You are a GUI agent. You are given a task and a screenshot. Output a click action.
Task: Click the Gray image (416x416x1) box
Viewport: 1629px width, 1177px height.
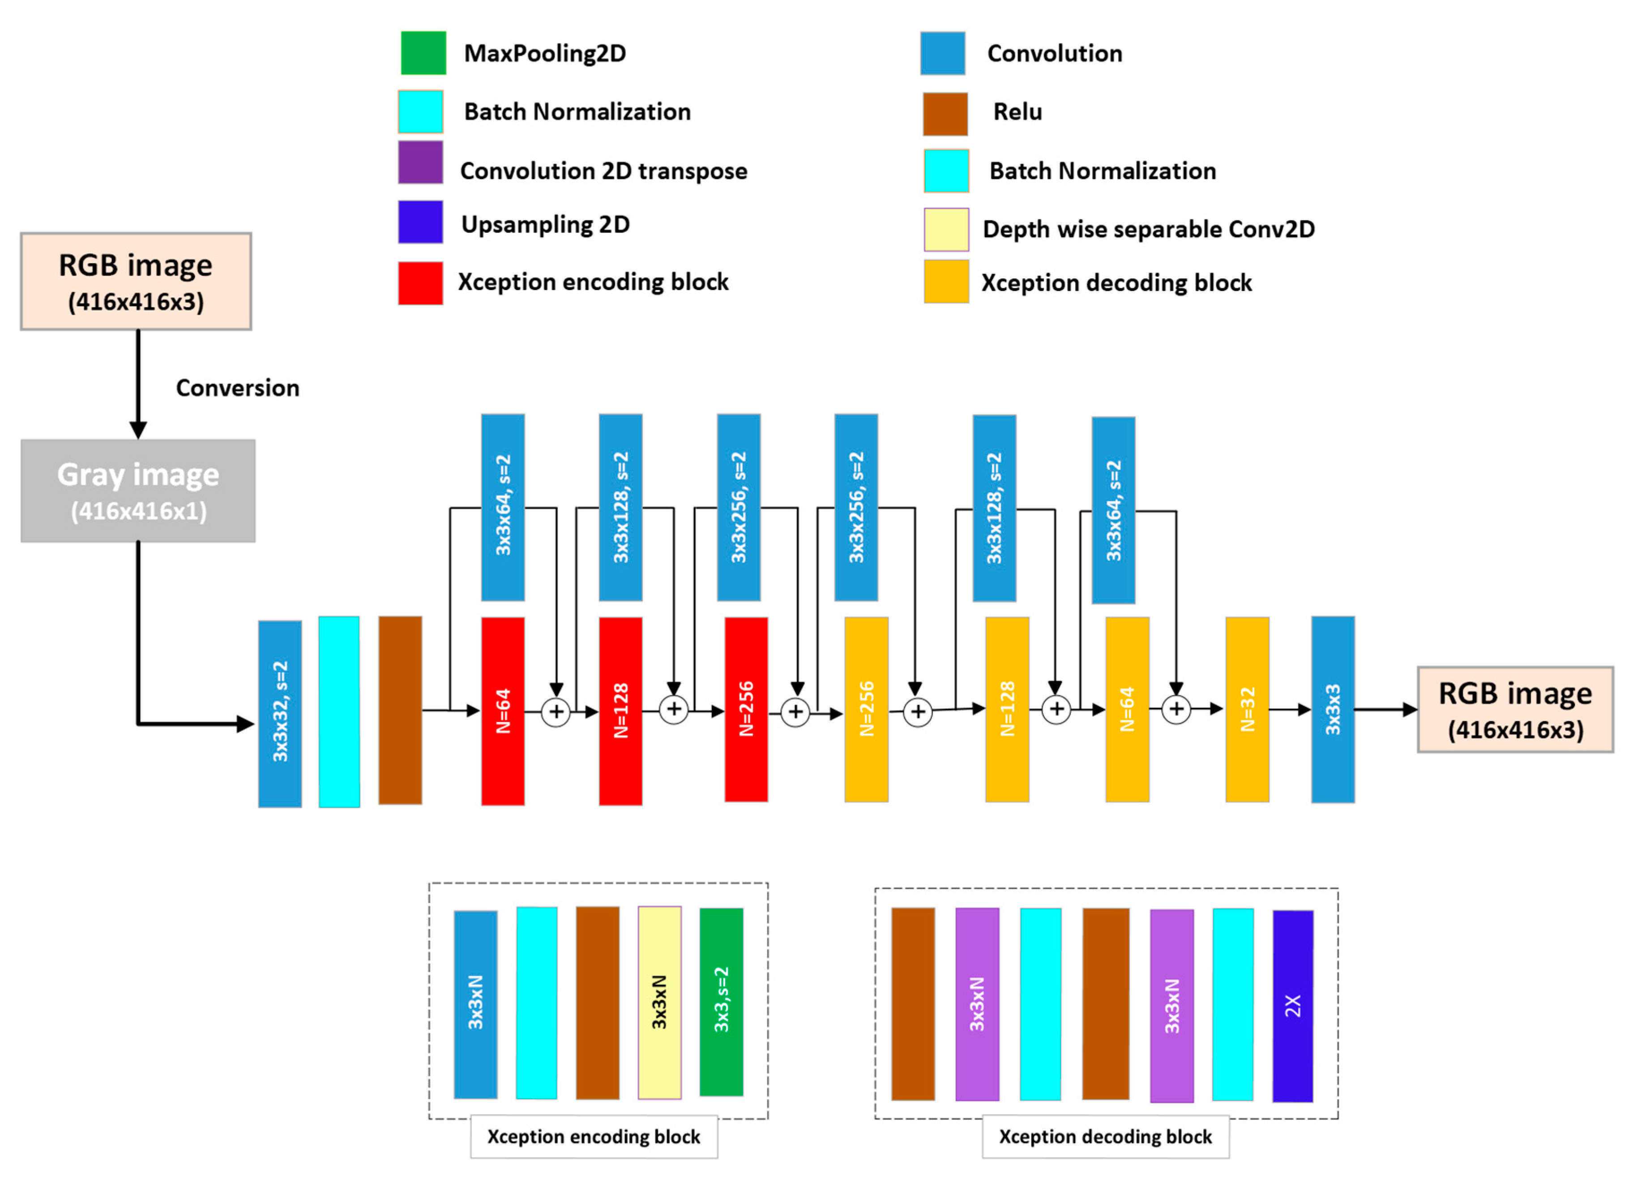138,491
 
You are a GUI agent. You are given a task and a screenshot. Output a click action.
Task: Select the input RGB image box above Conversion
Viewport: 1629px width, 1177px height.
136,281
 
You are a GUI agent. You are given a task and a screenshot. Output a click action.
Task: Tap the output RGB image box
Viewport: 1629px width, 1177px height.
1515,709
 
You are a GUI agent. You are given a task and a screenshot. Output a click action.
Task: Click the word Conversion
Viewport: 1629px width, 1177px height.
238,388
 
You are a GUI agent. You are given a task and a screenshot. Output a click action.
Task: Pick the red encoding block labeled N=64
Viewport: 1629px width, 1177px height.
503,711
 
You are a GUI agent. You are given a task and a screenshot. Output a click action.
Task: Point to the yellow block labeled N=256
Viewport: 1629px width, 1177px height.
866,709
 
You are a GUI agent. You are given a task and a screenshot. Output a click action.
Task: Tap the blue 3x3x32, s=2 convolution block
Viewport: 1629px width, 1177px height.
280,714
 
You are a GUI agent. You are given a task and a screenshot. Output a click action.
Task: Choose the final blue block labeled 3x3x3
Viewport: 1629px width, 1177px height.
1333,709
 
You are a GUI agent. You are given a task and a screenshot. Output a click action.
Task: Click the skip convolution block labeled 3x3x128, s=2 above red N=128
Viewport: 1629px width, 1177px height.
620,507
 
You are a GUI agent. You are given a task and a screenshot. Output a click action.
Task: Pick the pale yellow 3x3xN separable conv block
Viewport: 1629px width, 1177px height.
659,1002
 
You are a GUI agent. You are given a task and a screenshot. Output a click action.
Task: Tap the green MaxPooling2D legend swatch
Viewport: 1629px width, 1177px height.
423,53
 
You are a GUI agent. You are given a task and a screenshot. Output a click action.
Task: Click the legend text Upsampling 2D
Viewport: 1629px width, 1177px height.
545,224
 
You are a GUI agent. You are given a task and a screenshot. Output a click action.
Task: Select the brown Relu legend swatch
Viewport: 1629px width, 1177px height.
945,114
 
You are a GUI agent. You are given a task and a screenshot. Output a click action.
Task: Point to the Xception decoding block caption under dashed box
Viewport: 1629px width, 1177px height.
1105,1137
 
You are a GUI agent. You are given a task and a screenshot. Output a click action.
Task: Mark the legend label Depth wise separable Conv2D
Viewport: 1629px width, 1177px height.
1149,229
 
